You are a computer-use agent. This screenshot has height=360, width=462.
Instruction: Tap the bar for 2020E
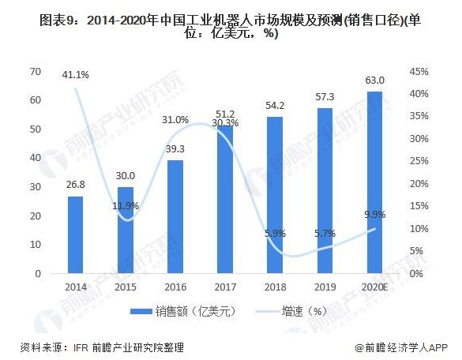pos(374,182)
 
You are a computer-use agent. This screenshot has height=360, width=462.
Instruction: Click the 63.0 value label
pos(374,81)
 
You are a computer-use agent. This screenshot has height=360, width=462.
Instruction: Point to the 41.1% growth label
pos(76,75)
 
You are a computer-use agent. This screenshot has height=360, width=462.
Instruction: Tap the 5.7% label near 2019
pos(325,234)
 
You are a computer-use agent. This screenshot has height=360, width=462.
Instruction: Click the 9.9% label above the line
pos(374,213)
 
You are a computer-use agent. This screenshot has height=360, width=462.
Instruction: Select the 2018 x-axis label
pos(275,288)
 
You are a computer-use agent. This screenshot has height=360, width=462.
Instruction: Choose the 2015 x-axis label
pos(125,288)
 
